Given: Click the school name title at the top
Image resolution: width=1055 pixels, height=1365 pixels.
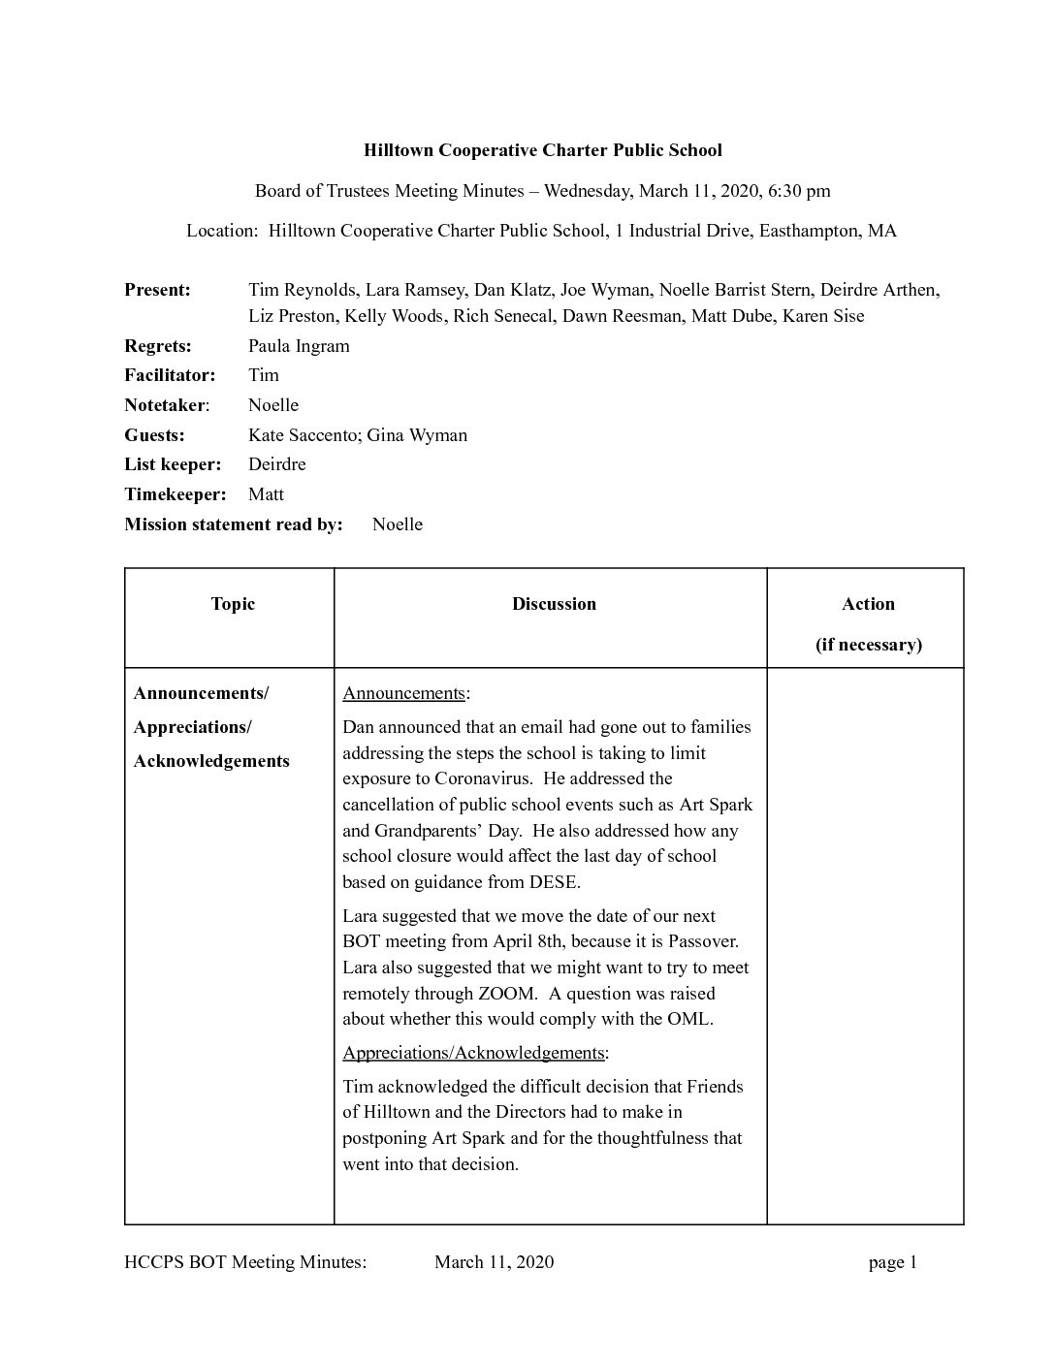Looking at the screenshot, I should click(x=542, y=150).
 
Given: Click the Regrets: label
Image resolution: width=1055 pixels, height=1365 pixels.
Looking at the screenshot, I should click(x=158, y=346).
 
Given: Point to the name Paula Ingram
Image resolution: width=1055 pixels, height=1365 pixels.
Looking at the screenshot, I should click(x=299, y=346).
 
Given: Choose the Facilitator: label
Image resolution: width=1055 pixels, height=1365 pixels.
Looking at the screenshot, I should click(x=170, y=375).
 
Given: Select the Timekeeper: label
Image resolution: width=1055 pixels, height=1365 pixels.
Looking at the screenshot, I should click(x=175, y=494).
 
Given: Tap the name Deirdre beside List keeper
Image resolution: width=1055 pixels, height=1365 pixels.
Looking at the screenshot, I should click(x=276, y=464).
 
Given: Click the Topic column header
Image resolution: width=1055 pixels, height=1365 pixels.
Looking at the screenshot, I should click(x=233, y=604).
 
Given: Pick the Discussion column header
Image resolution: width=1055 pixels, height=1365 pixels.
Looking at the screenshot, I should click(x=554, y=604).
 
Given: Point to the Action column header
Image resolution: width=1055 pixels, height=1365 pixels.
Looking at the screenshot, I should click(x=868, y=604).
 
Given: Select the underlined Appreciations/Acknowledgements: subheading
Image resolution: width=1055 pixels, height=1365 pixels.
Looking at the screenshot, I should click(x=475, y=1053).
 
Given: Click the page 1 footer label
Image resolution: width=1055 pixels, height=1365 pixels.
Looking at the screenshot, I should click(x=892, y=1261).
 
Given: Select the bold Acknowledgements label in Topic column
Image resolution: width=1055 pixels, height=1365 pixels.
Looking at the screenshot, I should click(x=211, y=761).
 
